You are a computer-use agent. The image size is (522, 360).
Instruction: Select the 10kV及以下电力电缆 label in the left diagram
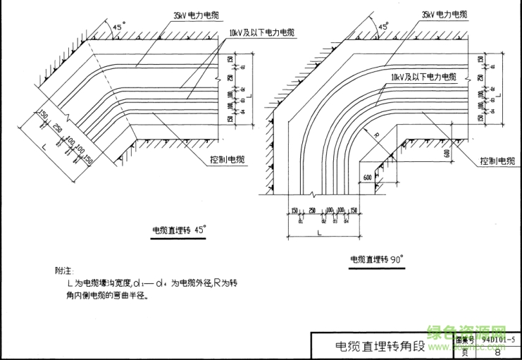coord(263,32)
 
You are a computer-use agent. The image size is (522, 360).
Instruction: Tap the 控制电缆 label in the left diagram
coord(227,161)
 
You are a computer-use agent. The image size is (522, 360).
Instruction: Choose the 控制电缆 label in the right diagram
coord(497,161)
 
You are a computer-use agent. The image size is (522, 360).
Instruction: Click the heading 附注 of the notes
coord(63,270)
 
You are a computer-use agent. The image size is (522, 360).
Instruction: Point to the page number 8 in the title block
coord(498,352)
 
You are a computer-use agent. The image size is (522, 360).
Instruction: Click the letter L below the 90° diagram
coord(318,231)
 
